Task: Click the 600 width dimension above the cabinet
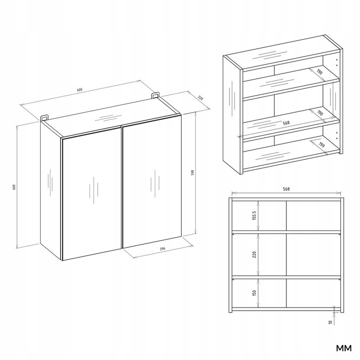(x=79, y=90)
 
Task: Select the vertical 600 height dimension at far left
(x=14, y=187)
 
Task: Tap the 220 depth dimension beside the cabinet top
(x=201, y=98)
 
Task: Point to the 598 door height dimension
(x=193, y=173)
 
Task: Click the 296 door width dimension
(x=163, y=248)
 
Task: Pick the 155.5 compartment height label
(x=254, y=215)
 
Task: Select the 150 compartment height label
(x=254, y=293)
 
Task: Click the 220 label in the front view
(x=254, y=255)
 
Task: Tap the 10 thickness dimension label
(x=330, y=322)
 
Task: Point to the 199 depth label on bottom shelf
(x=322, y=145)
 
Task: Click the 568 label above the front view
(x=286, y=189)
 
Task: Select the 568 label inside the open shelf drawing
(x=286, y=123)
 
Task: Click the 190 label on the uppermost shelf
(x=319, y=72)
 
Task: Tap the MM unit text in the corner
(x=344, y=348)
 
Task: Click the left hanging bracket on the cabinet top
(x=44, y=117)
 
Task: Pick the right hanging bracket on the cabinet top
(x=155, y=96)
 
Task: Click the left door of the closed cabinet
(x=92, y=194)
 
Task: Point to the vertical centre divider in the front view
(x=286, y=254)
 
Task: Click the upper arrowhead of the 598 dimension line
(x=195, y=113)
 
